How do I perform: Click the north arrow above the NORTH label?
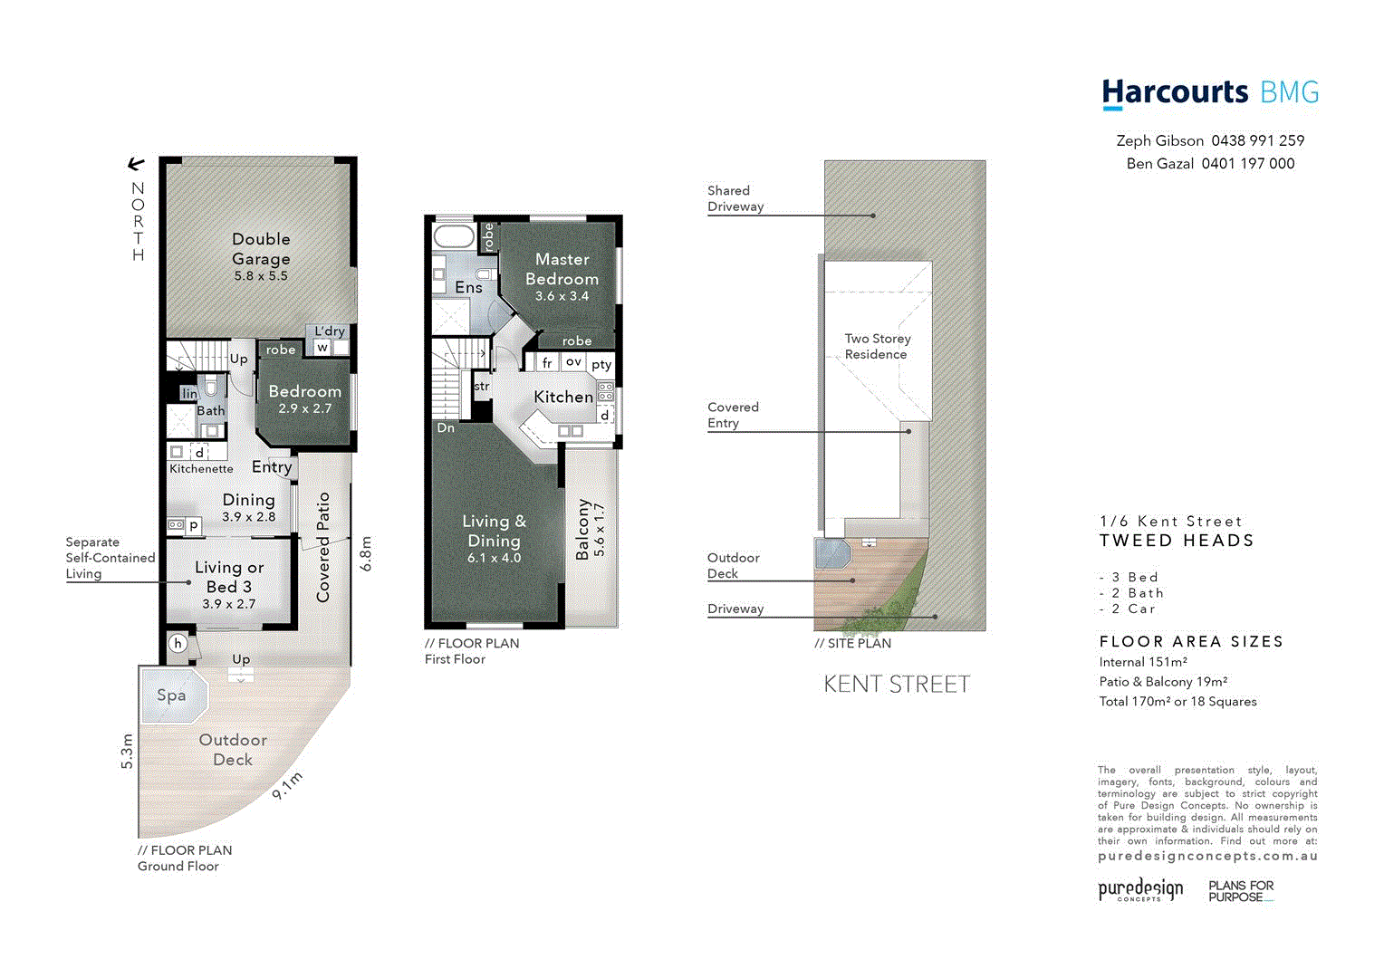click(x=136, y=164)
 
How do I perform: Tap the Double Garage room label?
click(x=261, y=249)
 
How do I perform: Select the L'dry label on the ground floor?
click(x=330, y=331)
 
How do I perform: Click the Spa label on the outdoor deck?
click(x=171, y=695)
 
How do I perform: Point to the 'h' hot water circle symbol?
click(x=178, y=644)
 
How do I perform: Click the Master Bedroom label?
click(x=562, y=269)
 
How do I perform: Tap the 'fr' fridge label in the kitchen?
click(x=547, y=363)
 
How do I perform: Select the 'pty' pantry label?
click(x=601, y=364)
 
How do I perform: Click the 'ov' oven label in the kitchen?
click(x=573, y=361)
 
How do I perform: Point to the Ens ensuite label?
click(x=468, y=287)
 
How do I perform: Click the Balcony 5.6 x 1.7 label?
click(x=591, y=530)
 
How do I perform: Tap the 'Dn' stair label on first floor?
click(x=446, y=427)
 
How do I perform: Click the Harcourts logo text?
click(x=1175, y=92)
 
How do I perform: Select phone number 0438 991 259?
click(x=1257, y=140)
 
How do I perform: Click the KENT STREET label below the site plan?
click(x=897, y=685)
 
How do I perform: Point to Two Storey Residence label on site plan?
click(x=877, y=346)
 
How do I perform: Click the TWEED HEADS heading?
click(x=1177, y=541)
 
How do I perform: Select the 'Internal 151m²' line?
click(x=1143, y=662)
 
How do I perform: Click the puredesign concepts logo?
click(x=1140, y=889)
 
